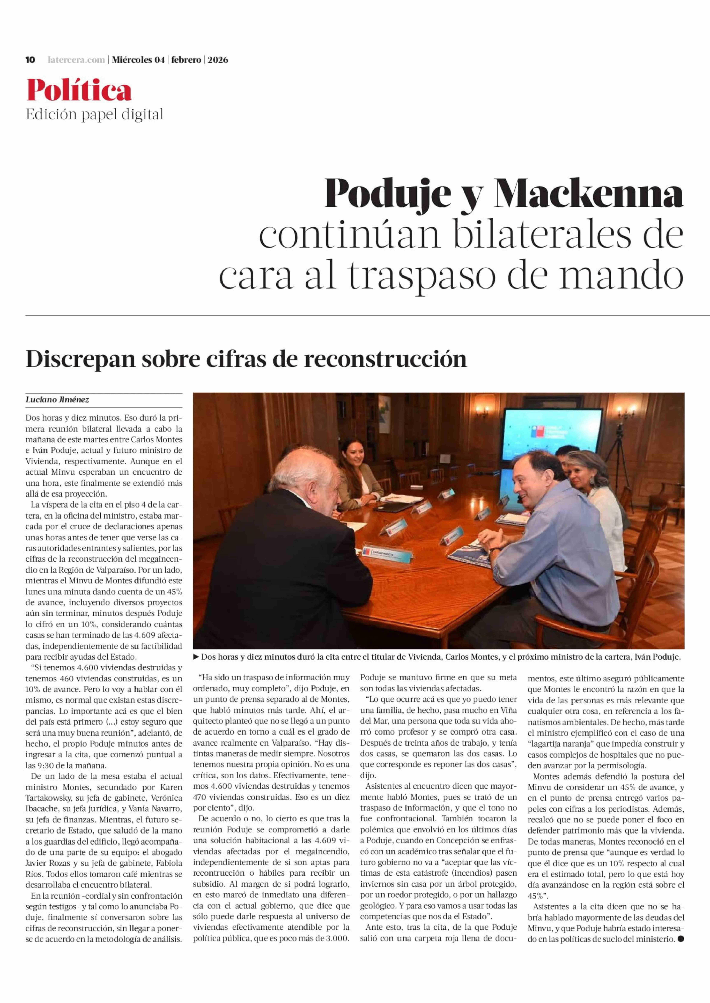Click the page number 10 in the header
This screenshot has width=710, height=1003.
click(x=30, y=60)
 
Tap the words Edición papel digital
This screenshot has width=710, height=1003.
click(x=94, y=114)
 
